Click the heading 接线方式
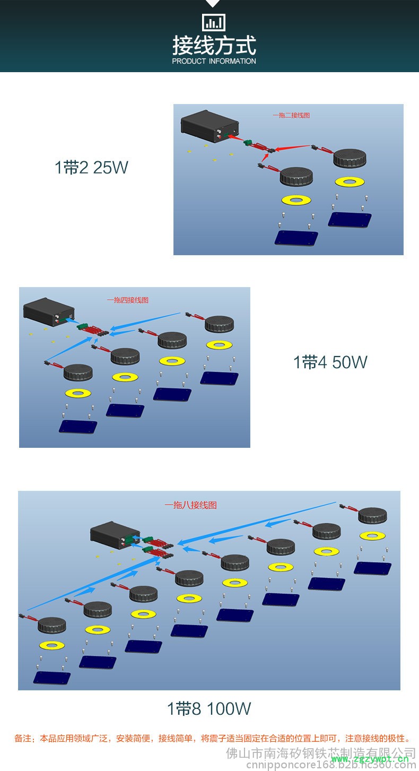[214, 45]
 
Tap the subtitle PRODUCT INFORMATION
[214, 62]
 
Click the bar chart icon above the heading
[214, 22]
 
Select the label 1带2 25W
[91, 168]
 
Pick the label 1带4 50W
[330, 362]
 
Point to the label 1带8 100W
[209, 708]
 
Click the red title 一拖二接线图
[291, 115]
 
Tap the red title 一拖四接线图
[127, 300]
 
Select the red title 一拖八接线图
[190, 505]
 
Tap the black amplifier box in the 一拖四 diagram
[49, 311]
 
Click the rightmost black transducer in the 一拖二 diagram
[350, 158]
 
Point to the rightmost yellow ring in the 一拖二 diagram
[350, 182]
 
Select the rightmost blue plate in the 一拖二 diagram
[350, 219]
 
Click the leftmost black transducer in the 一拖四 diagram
[78, 372]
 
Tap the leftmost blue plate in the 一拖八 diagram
[52, 678]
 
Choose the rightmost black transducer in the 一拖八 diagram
[372, 515]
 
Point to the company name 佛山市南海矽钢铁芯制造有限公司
[321, 753]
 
